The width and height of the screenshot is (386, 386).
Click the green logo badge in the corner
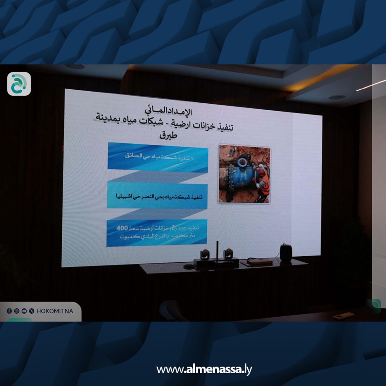pyautogui.click(x=19, y=84)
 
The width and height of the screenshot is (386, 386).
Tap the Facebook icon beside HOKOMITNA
pyautogui.click(x=9, y=311)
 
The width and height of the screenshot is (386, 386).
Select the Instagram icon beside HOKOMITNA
pyautogui.click(x=17, y=311)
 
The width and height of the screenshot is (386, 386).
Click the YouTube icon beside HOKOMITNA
pyautogui.click(x=24, y=311)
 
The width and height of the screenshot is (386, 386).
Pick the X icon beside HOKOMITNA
pyautogui.click(x=31, y=311)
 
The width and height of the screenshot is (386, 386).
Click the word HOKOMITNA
pyautogui.click(x=54, y=311)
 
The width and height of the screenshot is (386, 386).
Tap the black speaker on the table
pyautogui.click(x=286, y=252)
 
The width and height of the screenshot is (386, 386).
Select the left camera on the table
pyautogui.click(x=205, y=254)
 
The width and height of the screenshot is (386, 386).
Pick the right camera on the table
pyautogui.click(x=228, y=254)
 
